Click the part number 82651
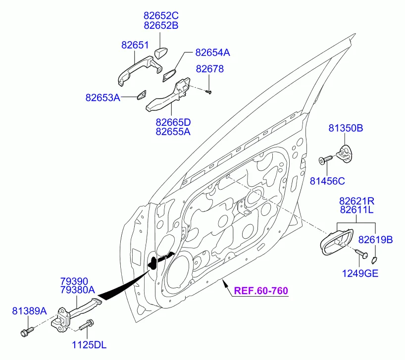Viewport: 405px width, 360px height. coord(135,45)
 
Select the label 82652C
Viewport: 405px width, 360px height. coord(160,15)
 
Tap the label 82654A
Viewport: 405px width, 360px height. coord(212,52)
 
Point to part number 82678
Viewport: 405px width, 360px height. coord(209,69)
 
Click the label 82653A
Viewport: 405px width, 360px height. coord(102,98)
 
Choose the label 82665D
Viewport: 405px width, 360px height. coord(173,122)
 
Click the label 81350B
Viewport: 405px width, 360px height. coord(345,128)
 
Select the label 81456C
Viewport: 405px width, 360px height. coord(327,181)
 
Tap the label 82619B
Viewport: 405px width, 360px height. coord(375,240)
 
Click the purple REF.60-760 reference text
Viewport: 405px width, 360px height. coord(261,291)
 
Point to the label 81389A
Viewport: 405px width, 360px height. coord(29,311)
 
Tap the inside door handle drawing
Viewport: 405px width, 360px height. coord(336,242)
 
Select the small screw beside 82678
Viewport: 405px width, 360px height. coord(209,91)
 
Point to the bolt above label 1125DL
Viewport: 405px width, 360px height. coord(87,325)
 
